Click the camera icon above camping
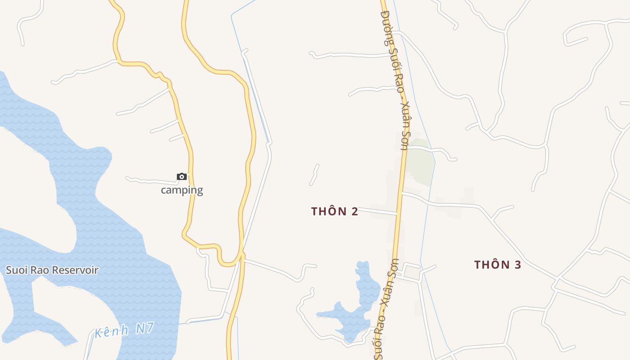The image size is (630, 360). (181, 176)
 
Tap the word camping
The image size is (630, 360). (182, 190)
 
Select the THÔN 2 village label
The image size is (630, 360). (334, 211)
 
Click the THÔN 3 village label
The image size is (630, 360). (497, 265)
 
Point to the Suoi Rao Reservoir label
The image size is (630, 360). (52, 270)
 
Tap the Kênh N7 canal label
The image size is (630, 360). (124, 330)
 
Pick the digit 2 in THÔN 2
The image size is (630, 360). (355, 211)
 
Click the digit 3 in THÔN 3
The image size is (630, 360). (517, 265)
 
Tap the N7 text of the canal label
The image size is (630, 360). (145, 328)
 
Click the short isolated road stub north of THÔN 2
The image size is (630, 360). (314, 175)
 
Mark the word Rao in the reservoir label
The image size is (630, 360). (40, 270)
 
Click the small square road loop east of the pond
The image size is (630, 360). (412, 271)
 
